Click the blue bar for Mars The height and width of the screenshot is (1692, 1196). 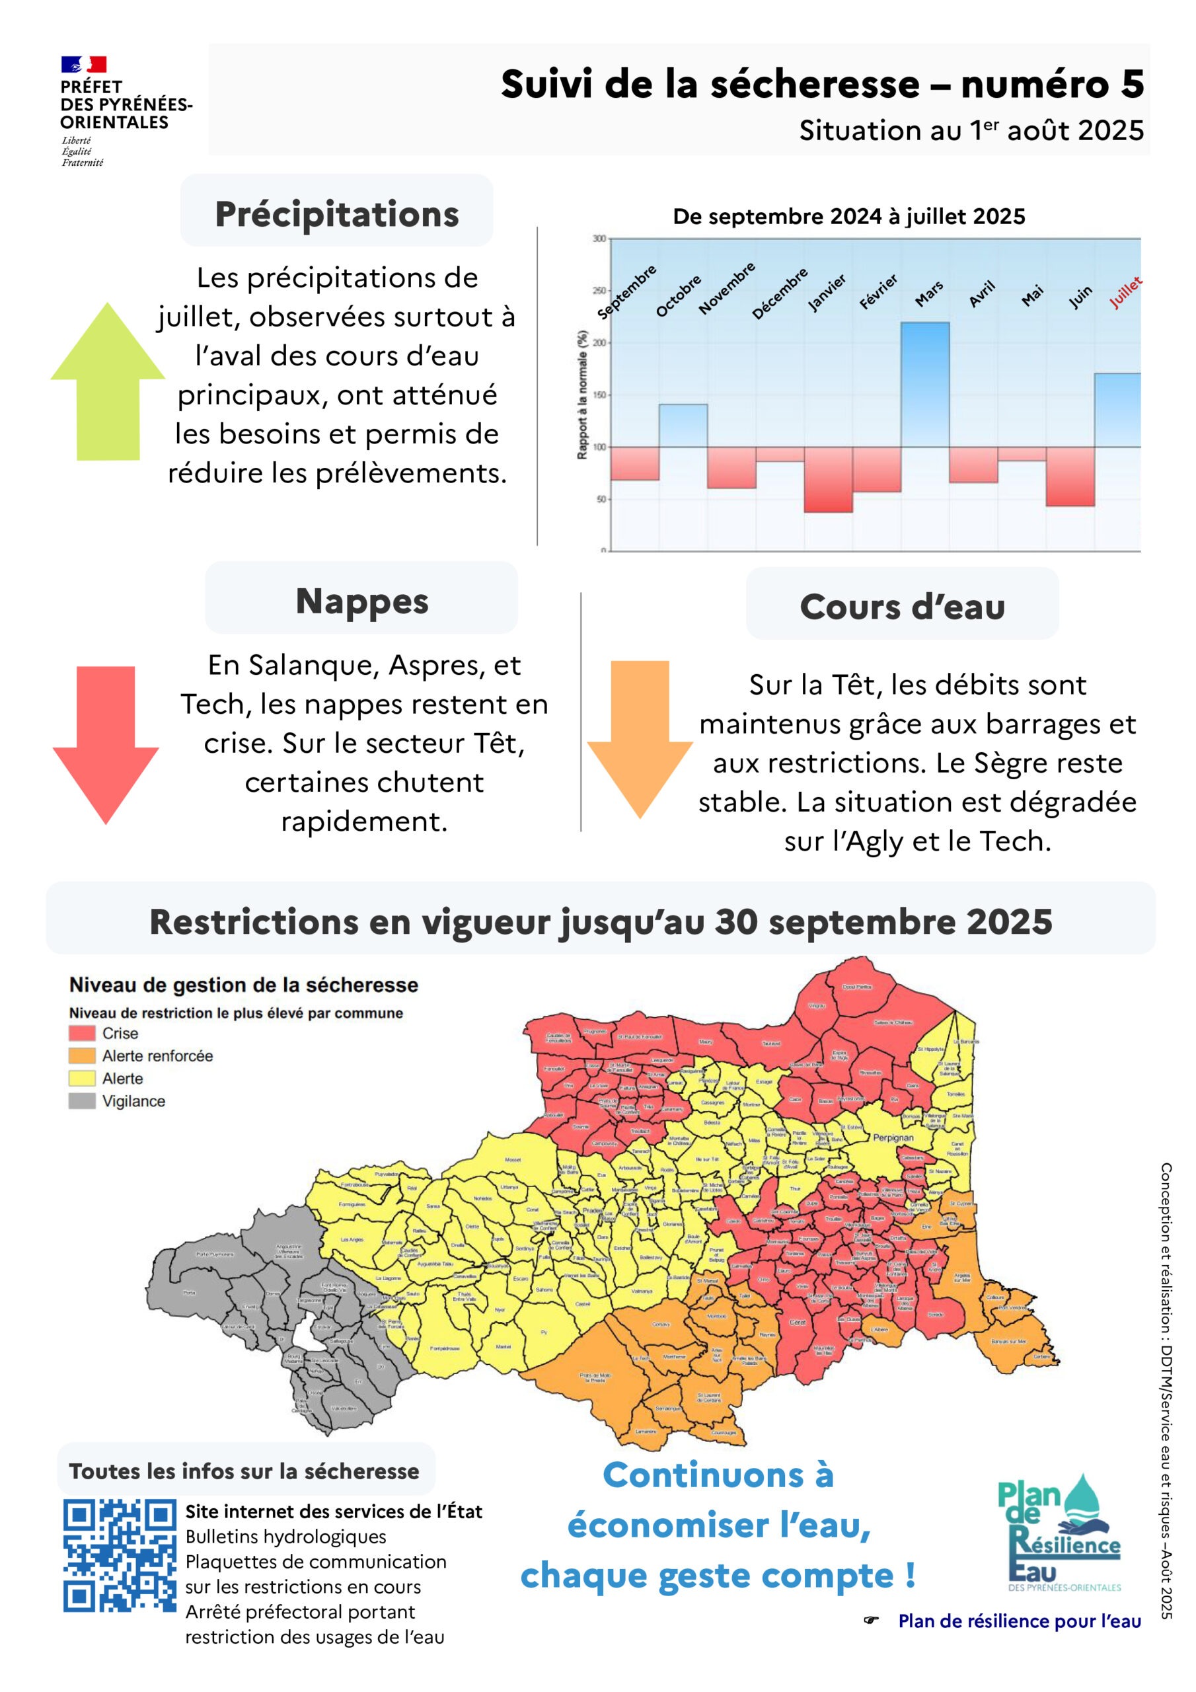click(x=925, y=384)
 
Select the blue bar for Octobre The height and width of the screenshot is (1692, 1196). click(x=683, y=425)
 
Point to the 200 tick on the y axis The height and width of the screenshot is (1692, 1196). click(x=599, y=342)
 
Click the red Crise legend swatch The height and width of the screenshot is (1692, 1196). click(x=82, y=1032)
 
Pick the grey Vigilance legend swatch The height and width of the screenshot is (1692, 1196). click(x=82, y=1100)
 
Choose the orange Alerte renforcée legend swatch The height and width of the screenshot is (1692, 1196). click(x=82, y=1056)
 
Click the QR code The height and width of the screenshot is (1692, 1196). click(x=120, y=1555)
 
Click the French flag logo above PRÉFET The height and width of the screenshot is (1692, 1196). click(x=83, y=64)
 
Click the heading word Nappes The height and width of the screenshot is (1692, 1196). click(x=362, y=601)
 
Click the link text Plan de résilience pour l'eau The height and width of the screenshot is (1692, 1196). click(x=1019, y=1621)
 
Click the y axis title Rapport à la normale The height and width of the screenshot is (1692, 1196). click(x=582, y=395)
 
